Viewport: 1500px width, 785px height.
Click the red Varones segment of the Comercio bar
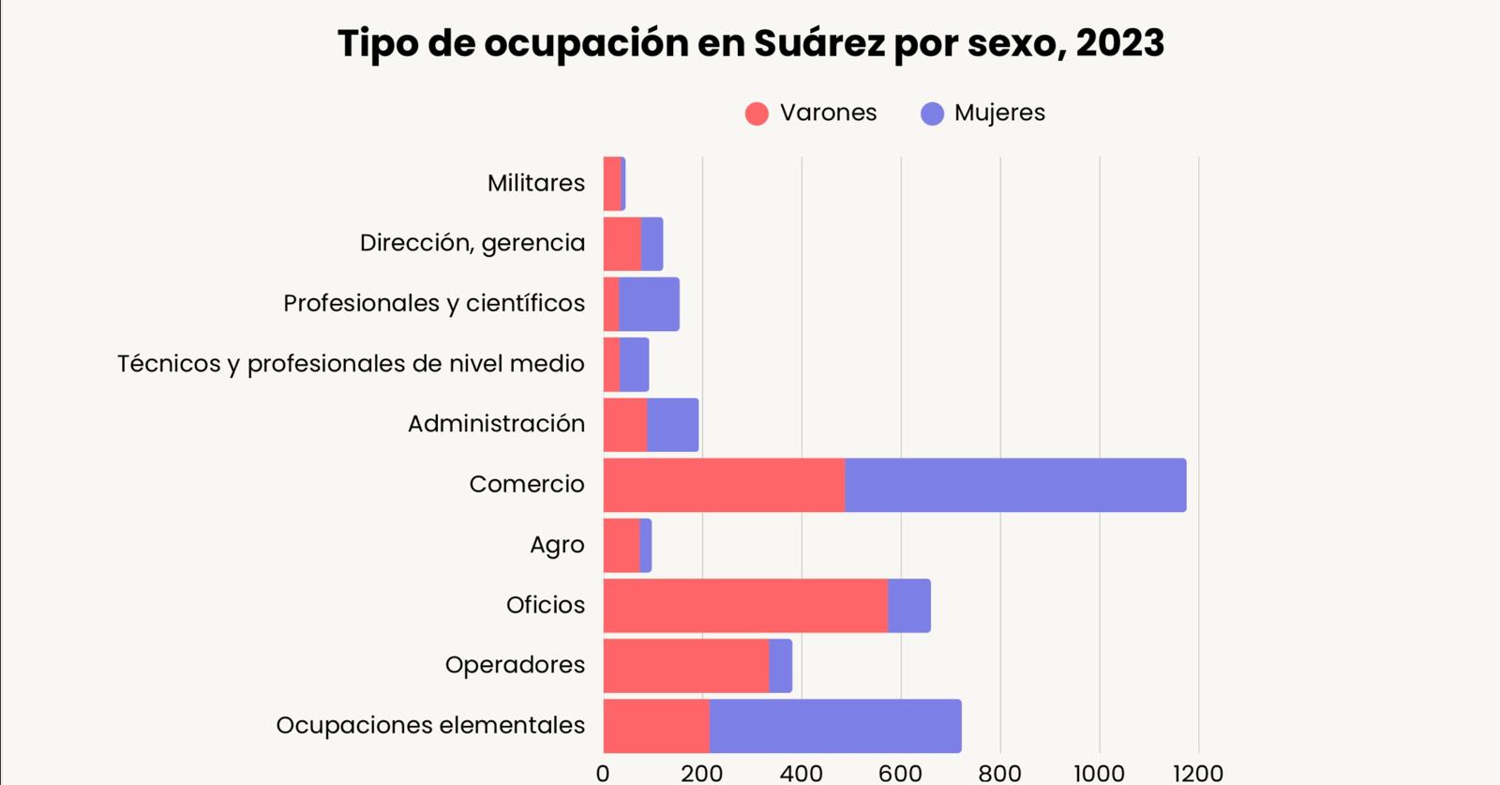click(724, 485)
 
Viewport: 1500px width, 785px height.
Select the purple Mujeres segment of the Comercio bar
click(1015, 485)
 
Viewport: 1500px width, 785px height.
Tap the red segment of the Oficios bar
click(745, 605)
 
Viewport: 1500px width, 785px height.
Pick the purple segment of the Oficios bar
click(908, 605)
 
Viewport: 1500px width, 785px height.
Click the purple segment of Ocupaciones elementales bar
click(834, 726)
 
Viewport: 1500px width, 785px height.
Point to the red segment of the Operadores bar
click(686, 666)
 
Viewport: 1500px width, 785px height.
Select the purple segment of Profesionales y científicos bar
click(649, 304)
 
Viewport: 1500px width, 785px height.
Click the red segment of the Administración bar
click(625, 425)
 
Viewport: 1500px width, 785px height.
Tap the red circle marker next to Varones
click(757, 113)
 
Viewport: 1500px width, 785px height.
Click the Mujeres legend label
click(999, 113)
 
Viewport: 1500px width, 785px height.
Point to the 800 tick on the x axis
click(999, 774)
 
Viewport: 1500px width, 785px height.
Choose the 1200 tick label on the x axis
click(1197, 774)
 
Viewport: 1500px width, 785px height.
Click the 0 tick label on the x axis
click(603, 774)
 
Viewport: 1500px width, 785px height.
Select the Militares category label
click(535, 183)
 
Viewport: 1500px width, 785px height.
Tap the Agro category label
click(557, 545)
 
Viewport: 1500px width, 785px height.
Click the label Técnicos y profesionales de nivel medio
click(351, 364)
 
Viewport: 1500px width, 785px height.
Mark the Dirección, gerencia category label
click(472, 243)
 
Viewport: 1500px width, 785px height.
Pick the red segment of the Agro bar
click(622, 545)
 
